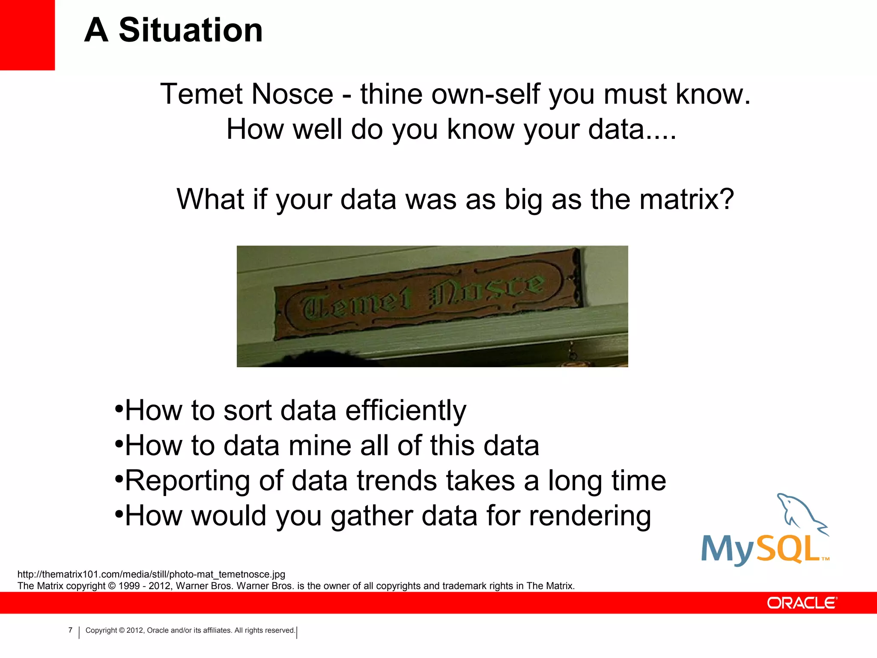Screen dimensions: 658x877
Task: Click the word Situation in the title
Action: tap(191, 30)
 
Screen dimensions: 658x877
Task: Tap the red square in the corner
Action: tap(27, 34)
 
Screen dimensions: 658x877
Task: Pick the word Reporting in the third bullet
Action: tap(187, 481)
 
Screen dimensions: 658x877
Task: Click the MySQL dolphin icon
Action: tap(800, 514)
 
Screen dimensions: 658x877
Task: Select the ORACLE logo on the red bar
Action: tap(802, 603)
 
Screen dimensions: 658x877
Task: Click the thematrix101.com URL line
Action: tap(151, 574)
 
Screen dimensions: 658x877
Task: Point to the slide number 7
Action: tap(70, 630)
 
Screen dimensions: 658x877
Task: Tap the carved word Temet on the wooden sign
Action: tap(355, 304)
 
